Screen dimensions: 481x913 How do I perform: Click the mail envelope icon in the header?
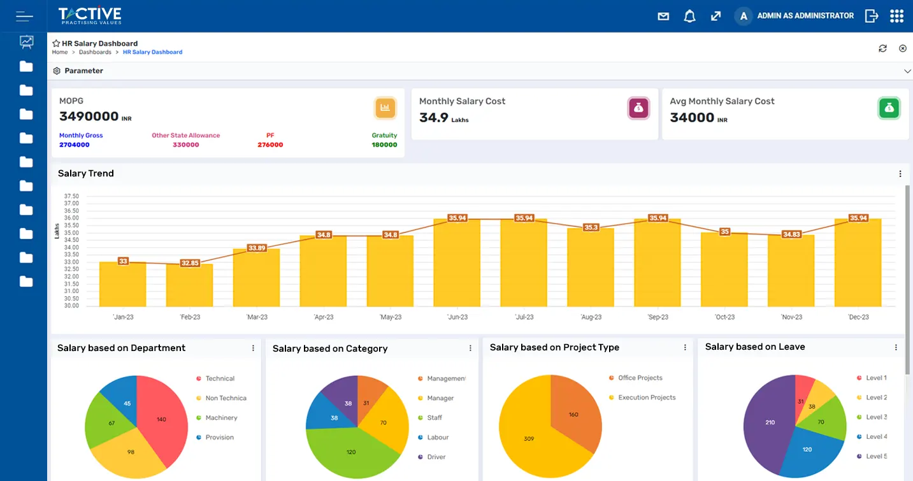point(663,17)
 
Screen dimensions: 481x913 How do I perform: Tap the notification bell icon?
point(689,17)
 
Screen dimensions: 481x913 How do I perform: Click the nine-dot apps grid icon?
point(896,16)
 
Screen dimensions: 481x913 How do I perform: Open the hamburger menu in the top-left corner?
point(24,16)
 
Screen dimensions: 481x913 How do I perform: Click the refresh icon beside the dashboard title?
point(882,48)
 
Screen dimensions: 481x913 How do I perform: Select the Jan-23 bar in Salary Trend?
point(123,285)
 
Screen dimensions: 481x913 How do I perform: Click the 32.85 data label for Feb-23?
point(190,262)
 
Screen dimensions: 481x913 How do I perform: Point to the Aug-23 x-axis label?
point(591,317)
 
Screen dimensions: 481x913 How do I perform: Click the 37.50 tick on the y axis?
point(71,196)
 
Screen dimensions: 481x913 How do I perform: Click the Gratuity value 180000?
point(384,145)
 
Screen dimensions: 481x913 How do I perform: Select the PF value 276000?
point(270,145)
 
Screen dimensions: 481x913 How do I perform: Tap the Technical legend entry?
point(220,378)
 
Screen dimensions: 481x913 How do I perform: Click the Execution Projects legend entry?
point(647,398)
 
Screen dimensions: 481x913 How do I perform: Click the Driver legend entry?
point(436,457)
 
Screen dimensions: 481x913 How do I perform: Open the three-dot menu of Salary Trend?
point(900,174)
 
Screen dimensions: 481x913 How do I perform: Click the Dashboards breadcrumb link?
point(95,52)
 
